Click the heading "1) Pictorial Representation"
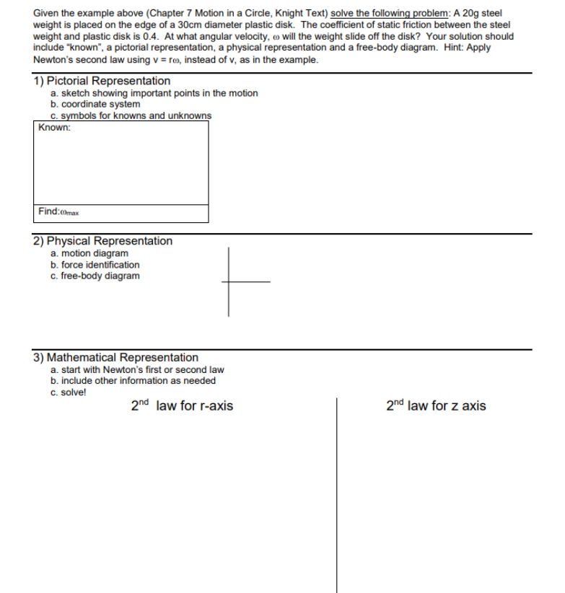click(x=102, y=81)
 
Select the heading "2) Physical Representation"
click(x=102, y=241)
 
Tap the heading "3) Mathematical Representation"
click(x=115, y=358)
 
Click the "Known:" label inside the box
click(x=55, y=128)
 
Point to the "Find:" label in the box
click(x=49, y=211)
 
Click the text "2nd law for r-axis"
click(x=182, y=406)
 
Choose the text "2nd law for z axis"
click(x=436, y=406)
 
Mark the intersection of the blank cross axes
click(x=229, y=282)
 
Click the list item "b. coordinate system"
click(x=95, y=104)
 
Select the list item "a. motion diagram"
click(x=89, y=253)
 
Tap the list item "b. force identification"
click(x=95, y=265)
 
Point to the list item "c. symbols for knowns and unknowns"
click(x=131, y=115)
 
